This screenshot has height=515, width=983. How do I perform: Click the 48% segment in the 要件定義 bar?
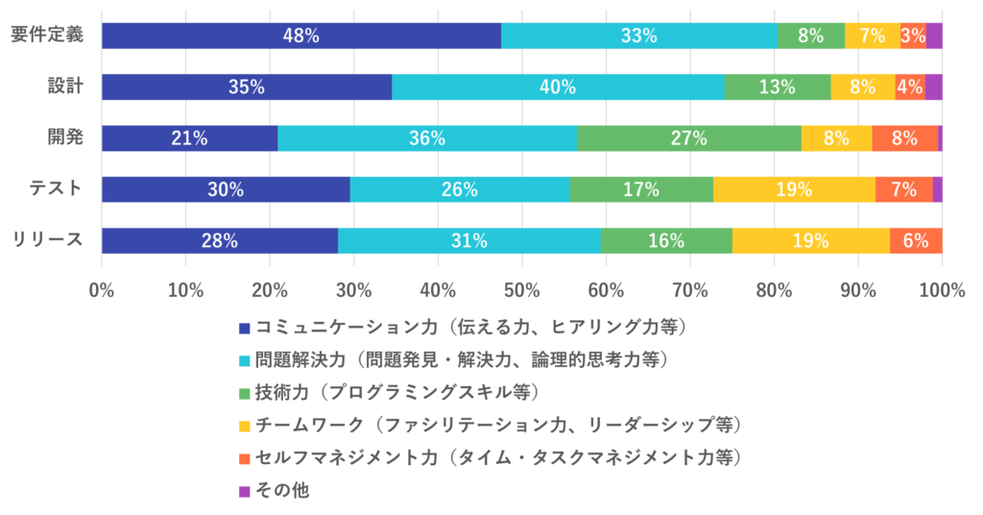pos(300,36)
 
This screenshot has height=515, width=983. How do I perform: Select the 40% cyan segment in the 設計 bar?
pos(558,86)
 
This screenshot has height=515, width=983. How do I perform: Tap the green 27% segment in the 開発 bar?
pos(688,138)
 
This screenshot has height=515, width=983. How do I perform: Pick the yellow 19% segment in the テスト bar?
pos(794,189)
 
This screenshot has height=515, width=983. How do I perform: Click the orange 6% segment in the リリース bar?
pos(915,240)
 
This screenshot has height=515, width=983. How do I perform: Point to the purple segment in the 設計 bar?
pos(933,86)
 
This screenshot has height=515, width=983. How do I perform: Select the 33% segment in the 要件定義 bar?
pos(638,36)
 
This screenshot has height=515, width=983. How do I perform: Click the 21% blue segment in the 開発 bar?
pos(189,138)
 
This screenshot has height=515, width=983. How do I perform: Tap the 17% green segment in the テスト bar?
pos(640,189)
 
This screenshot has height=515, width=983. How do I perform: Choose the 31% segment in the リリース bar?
pos(468,240)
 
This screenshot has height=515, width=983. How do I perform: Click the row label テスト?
pos(55,188)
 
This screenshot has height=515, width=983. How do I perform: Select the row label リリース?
pos(48,239)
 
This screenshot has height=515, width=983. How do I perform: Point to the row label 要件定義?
pos(47,35)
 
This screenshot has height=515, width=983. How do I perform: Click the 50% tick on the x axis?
pos(522,289)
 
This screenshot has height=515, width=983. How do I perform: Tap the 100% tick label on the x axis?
pos(942,289)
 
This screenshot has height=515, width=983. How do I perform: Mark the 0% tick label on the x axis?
pos(102,289)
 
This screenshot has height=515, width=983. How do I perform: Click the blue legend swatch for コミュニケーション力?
pos(245,329)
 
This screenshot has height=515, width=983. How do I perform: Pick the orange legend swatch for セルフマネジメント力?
pos(245,458)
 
